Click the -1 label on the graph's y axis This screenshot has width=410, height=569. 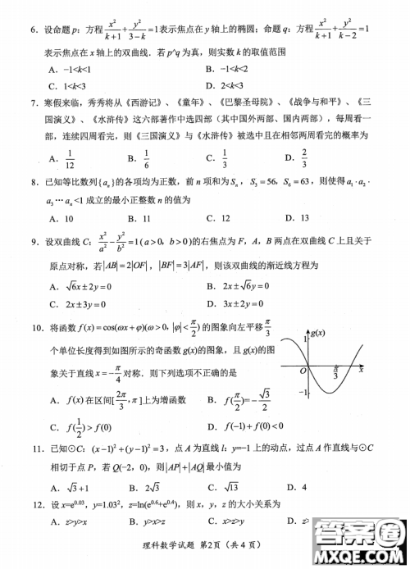click(298, 393)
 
